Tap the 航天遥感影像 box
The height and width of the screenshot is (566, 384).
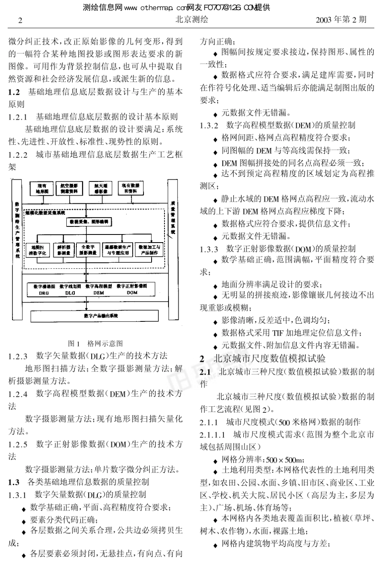98,188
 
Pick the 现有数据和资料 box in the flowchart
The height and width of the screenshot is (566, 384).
130,188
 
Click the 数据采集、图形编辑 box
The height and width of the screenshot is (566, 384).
89,222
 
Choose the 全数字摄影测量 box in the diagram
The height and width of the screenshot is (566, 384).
88,250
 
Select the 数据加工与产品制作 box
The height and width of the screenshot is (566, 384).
149,250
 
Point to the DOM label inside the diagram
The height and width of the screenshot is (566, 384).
132,293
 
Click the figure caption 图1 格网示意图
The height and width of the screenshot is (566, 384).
95,344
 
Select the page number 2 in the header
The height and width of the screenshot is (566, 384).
20,20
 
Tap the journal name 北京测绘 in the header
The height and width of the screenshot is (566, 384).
192,19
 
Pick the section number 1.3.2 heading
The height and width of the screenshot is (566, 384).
209,125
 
